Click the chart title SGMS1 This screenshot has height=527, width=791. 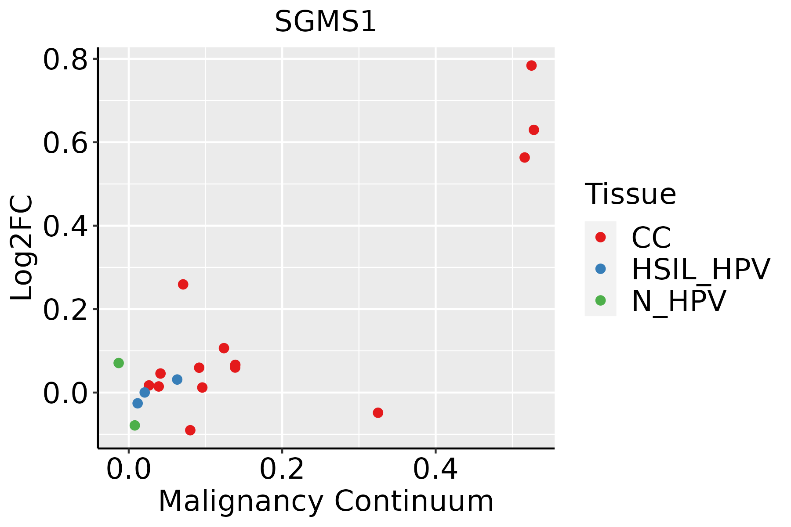326,22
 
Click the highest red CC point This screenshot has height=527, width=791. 531,65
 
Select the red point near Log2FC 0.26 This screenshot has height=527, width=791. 183,284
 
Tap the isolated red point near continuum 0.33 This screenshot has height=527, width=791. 378,412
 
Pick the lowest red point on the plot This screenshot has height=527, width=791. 190,430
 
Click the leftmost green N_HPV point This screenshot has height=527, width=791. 119,363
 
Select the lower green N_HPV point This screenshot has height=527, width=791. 135,425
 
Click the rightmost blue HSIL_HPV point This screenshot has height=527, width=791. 177,379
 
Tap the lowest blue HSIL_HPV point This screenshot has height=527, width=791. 138,403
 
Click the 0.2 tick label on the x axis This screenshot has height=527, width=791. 282,469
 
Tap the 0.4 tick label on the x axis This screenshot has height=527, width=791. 435,469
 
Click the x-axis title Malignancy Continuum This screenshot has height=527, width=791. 326,501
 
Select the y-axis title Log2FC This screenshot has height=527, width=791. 22,248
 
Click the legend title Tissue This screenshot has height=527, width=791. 630,194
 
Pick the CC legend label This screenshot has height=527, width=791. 651,238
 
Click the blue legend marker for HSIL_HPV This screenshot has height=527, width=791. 600,269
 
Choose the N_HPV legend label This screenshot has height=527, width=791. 679,301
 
